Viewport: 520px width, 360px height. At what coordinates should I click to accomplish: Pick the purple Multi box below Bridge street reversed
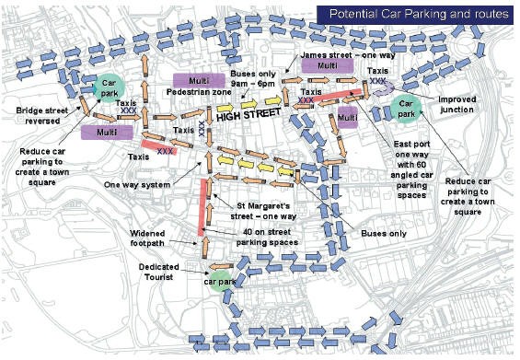click(106, 133)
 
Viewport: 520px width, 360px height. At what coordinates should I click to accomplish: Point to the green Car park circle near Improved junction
click(407, 110)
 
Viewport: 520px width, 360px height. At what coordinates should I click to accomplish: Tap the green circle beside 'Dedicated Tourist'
click(219, 279)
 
